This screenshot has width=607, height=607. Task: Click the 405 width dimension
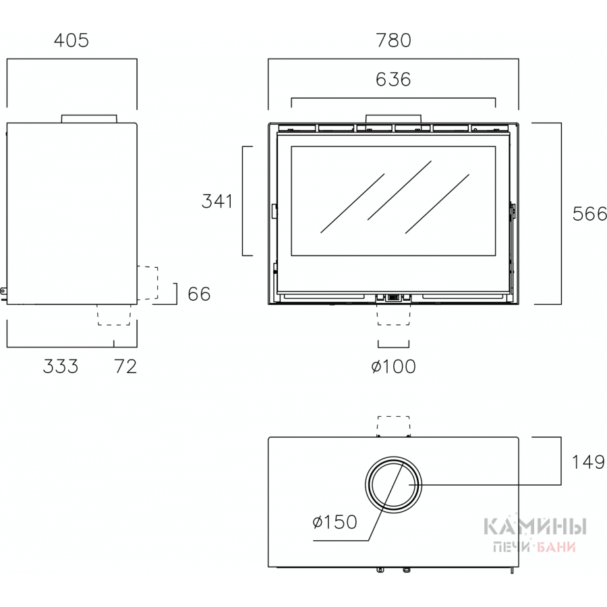point(71,40)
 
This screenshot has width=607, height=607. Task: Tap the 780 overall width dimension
point(393,40)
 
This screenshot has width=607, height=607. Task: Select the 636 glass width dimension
point(393,80)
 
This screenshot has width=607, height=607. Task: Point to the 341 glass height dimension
point(216,201)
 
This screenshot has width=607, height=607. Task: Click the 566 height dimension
point(589,214)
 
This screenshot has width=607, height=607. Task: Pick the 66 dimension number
point(199,294)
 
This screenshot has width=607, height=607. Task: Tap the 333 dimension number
point(61,366)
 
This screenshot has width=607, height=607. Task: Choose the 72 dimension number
point(125,366)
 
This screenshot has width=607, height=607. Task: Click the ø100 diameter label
point(393,366)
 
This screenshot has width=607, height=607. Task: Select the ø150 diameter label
point(335,522)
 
